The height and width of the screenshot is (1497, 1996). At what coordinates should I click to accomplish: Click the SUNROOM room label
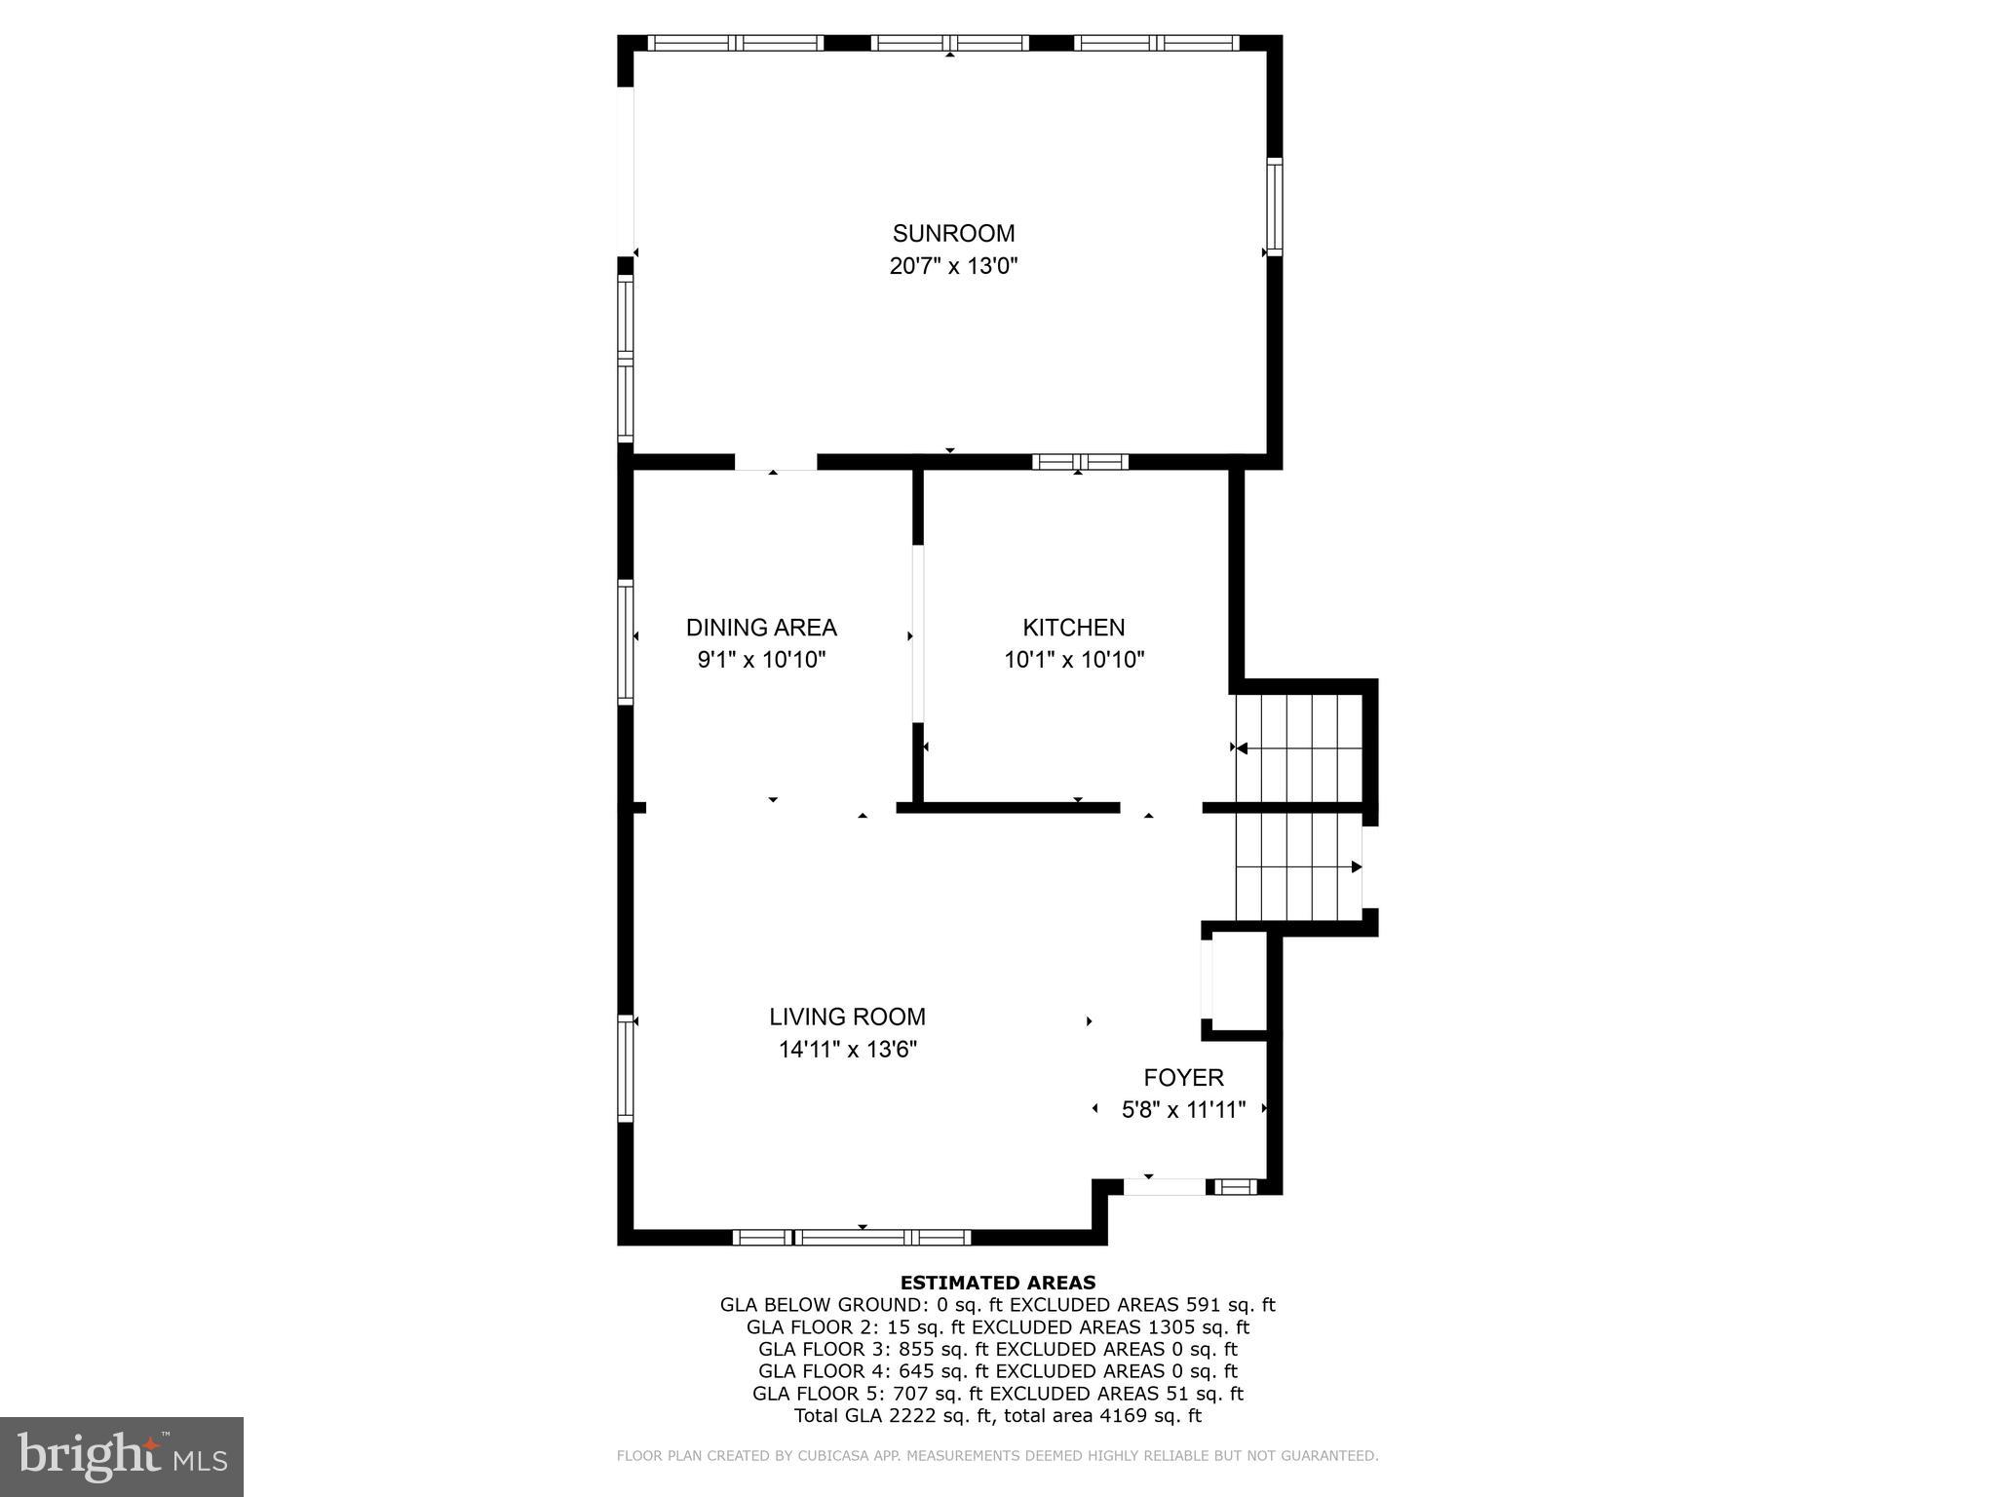click(x=953, y=234)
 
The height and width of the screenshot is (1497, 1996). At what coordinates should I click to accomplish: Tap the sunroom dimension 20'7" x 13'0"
click(x=953, y=266)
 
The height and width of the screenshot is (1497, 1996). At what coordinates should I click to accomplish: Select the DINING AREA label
click(x=761, y=628)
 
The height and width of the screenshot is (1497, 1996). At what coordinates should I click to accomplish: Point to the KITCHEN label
click(x=1073, y=628)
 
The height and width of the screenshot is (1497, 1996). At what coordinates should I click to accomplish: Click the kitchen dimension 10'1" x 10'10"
click(x=1074, y=660)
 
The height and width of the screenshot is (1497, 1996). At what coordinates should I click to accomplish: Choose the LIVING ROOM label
click(x=847, y=1017)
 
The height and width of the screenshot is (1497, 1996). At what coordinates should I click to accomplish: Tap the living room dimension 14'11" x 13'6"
click(x=847, y=1050)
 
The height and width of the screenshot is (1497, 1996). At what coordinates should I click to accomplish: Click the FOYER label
click(x=1183, y=1078)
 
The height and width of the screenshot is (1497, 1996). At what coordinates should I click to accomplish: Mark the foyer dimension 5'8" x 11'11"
click(x=1183, y=1110)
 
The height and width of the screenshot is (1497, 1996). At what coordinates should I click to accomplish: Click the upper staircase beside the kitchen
click(x=1299, y=748)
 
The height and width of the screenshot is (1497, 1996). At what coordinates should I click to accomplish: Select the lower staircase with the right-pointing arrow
click(x=1299, y=866)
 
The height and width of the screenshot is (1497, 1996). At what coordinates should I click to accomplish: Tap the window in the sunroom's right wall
click(x=1274, y=206)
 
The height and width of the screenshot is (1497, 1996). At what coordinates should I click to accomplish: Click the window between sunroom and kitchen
click(x=1080, y=462)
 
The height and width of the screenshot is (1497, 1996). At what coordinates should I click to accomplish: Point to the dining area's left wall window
click(x=626, y=641)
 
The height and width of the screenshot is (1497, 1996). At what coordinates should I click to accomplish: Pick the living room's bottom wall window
click(x=851, y=1238)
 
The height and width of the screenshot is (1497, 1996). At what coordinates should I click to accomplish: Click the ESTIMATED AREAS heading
click(x=997, y=1283)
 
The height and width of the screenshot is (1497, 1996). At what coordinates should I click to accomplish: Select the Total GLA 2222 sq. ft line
click(x=997, y=1416)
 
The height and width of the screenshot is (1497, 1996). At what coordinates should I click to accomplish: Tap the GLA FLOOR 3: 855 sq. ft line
click(x=997, y=1350)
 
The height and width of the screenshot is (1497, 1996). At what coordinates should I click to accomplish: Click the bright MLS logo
click(x=122, y=1456)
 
